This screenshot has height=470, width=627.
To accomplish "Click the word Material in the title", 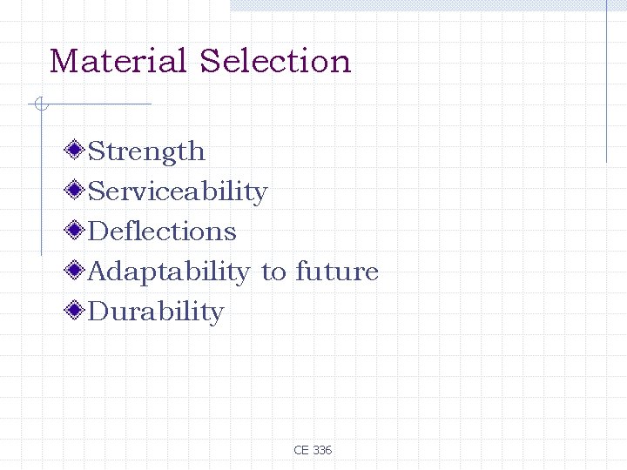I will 118,61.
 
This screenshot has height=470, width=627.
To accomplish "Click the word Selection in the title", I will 275,61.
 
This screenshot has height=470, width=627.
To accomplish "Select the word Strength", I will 146,151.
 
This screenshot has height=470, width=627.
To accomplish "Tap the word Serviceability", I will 178,191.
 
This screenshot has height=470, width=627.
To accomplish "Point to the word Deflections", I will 162,232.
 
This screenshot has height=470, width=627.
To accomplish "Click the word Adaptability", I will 168,272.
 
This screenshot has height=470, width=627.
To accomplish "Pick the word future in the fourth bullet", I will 337,272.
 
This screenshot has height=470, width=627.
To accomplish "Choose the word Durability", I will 156,312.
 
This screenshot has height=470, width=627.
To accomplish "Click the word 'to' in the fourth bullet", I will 273,272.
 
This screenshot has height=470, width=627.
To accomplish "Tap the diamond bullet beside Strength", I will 76,151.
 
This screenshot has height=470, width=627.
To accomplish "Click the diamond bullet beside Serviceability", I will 76,191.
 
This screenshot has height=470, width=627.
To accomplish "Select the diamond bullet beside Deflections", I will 76,231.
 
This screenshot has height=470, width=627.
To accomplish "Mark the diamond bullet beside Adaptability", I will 76,271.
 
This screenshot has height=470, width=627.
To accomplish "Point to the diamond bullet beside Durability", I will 76,311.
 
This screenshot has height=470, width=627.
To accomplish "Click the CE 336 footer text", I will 313,450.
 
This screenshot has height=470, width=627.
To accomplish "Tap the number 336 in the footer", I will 321,450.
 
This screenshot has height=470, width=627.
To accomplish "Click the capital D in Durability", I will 98,312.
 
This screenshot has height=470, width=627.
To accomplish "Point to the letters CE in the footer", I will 301,450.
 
